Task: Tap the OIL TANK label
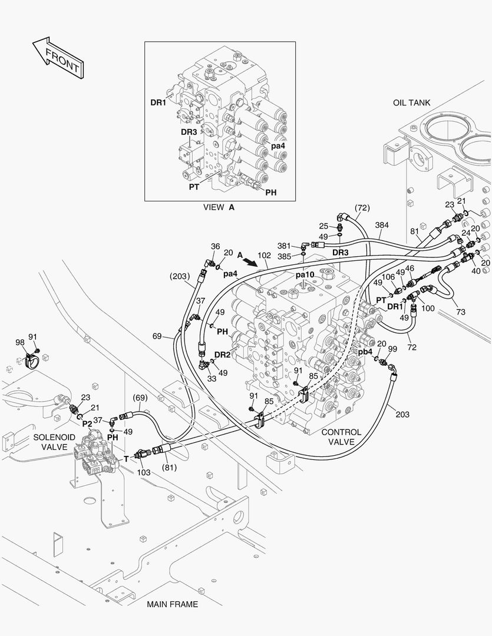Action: point(411,103)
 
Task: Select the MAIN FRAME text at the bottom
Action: point(172,604)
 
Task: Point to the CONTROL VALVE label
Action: point(341,437)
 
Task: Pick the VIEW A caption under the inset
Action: point(219,207)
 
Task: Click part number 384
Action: point(382,226)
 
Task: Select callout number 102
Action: point(264,256)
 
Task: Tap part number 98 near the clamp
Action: point(20,343)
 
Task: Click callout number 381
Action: point(285,246)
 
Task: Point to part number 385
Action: point(285,257)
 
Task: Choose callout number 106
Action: point(388,277)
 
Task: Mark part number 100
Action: point(428,309)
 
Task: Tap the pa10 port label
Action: point(305,275)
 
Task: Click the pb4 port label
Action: point(365,352)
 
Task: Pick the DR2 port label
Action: point(222,354)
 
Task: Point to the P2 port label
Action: point(87,423)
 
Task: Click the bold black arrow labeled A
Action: point(250,260)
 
